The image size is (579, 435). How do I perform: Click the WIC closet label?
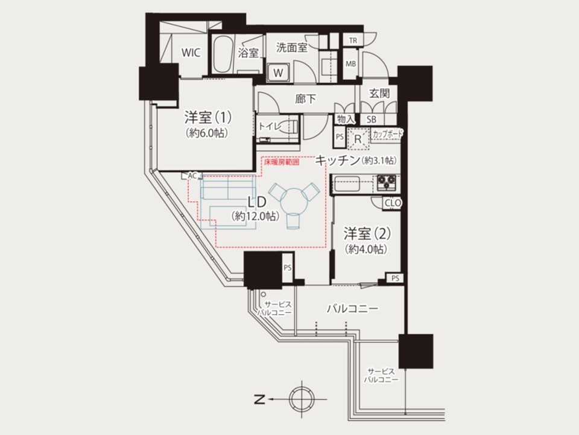coord(191,53)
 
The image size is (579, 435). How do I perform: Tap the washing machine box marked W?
coord(279,72)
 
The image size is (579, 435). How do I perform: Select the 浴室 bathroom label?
coord(248,53)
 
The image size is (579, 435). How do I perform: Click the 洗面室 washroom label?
coord(292,47)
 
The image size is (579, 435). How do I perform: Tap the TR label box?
coord(353,40)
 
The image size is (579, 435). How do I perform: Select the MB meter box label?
coord(351,63)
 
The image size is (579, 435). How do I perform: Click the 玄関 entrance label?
coord(379,93)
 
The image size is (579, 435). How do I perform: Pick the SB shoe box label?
coord(372,120)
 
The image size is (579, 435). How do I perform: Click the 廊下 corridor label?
coord(306,98)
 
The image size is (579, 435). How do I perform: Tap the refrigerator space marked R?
coord(358,139)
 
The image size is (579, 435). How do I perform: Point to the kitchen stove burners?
coord(386,182)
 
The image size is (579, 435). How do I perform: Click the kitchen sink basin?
coord(347,184)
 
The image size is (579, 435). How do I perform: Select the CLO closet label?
coord(393,203)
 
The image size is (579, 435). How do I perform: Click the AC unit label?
coord(192,176)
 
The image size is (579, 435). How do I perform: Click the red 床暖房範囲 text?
coord(282,162)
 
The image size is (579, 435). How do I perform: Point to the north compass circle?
coord(302,399)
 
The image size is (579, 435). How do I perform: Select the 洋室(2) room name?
coord(367,233)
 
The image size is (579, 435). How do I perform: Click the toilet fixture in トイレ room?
coord(289,126)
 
